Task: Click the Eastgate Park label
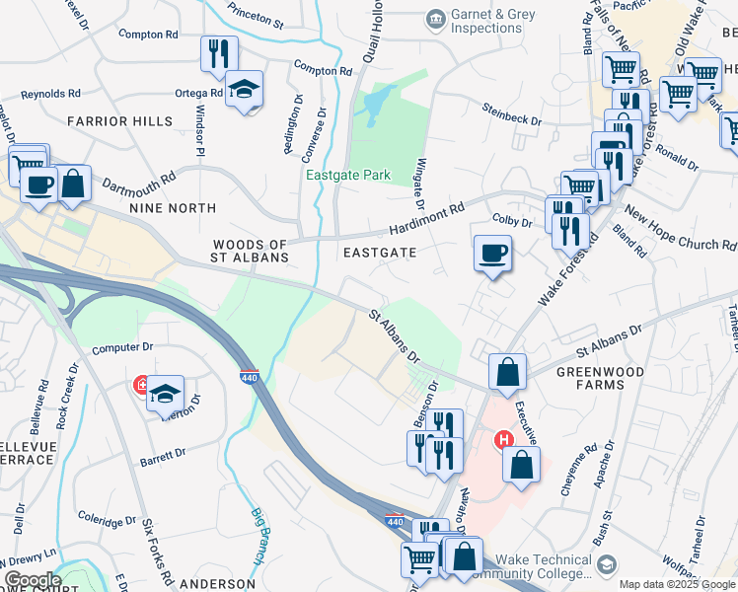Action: click(x=347, y=176)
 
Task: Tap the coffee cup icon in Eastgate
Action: click(x=492, y=254)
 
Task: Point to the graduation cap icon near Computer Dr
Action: click(x=165, y=394)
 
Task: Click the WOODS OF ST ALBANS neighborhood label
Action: click(x=251, y=251)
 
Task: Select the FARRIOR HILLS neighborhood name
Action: click(x=119, y=121)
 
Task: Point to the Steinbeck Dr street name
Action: click(x=511, y=113)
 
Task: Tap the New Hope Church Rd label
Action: click(x=679, y=229)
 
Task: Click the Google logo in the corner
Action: click(x=32, y=579)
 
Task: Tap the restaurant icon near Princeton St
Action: click(x=218, y=53)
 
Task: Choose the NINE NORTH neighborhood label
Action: click(x=172, y=208)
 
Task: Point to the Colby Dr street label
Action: click(x=512, y=222)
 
